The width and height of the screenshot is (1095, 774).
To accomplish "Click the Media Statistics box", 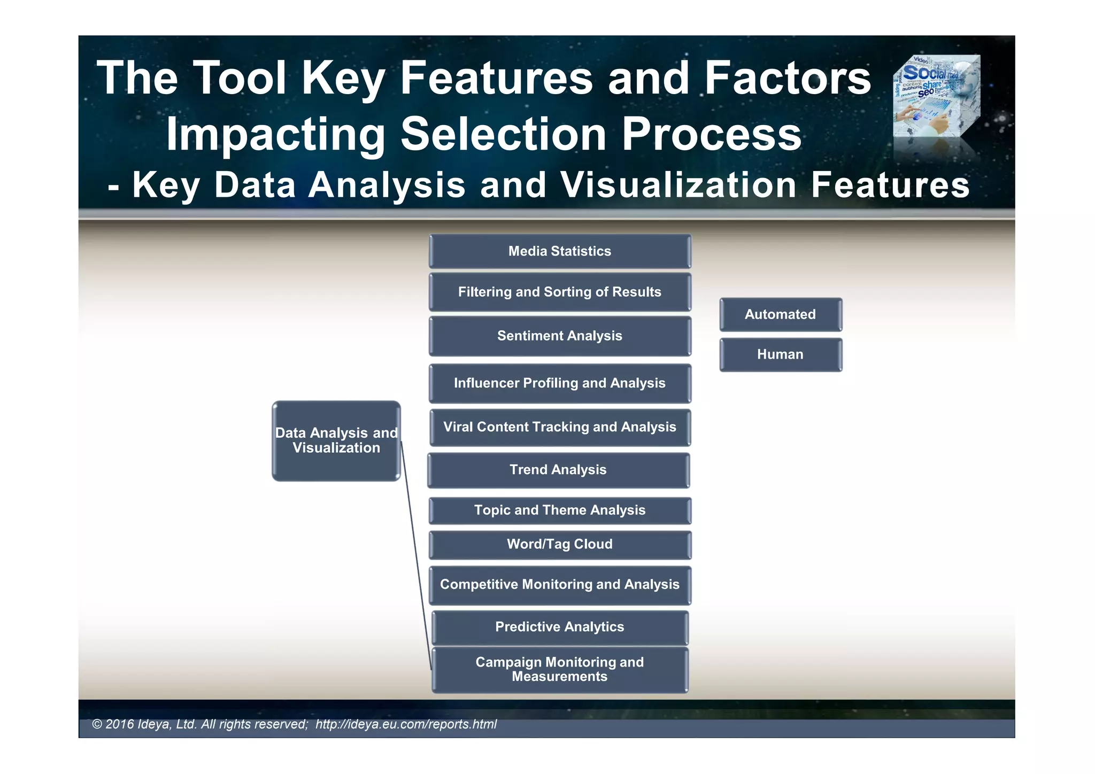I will pyautogui.click(x=559, y=251).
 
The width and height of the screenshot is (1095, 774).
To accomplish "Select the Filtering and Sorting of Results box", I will pyautogui.click(x=559, y=292).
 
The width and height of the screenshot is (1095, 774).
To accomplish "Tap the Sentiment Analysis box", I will pyautogui.click(x=559, y=336).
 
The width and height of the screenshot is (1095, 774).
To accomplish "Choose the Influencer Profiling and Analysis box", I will pyautogui.click(x=559, y=383).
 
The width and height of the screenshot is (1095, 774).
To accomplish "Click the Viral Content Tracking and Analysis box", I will pyautogui.click(x=559, y=427).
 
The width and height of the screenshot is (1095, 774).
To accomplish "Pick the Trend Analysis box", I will pyautogui.click(x=558, y=470).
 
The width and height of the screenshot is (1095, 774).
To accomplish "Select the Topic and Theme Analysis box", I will pyautogui.click(x=559, y=510).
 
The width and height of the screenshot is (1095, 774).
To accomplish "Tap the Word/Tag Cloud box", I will pyautogui.click(x=559, y=545).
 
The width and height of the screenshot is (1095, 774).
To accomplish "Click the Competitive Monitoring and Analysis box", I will pyautogui.click(x=559, y=585).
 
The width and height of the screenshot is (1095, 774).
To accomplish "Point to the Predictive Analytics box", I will pyautogui.click(x=559, y=627).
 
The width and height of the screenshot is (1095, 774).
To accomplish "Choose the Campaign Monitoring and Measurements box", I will pyautogui.click(x=559, y=669).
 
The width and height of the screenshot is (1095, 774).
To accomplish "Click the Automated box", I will pyautogui.click(x=780, y=314).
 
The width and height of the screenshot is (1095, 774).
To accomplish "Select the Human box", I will pyautogui.click(x=780, y=354).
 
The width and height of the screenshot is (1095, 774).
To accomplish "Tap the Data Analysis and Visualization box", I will pyautogui.click(x=336, y=440).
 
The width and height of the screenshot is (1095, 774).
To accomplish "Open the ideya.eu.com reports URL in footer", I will pyautogui.click(x=406, y=724).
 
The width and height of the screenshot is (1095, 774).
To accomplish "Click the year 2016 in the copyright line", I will pyautogui.click(x=119, y=724).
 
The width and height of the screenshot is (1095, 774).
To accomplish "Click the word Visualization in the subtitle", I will pyautogui.click(x=678, y=185).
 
